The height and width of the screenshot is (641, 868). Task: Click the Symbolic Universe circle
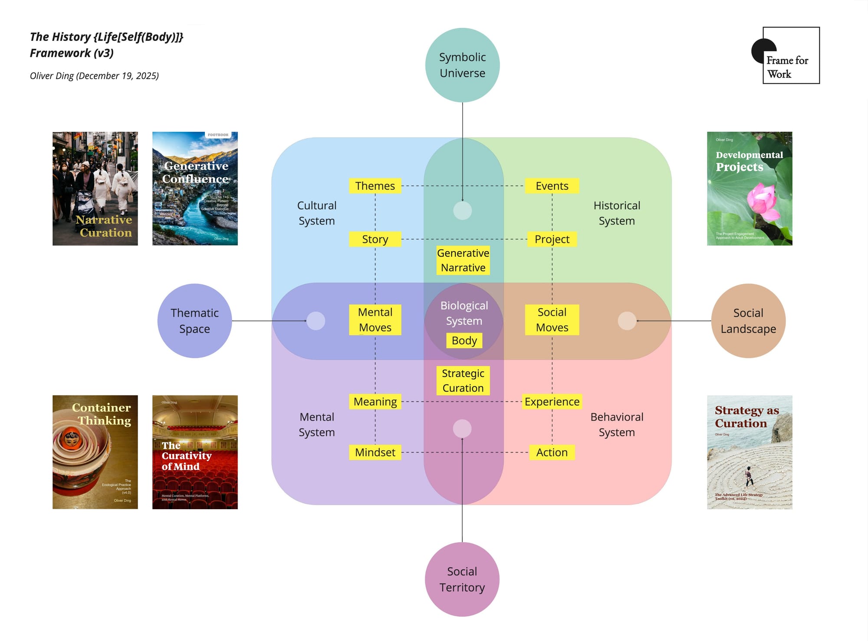pyautogui.click(x=462, y=65)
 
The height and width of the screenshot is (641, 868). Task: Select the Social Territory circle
pyautogui.click(x=462, y=579)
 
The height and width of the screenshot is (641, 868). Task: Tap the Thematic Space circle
pyautogui.click(x=194, y=321)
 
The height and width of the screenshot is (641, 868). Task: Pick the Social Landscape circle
pyautogui.click(x=748, y=321)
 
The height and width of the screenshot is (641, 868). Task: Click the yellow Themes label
pyautogui.click(x=375, y=186)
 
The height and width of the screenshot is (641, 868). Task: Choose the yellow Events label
pyautogui.click(x=552, y=186)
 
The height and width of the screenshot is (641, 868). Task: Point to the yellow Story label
pyautogui.click(x=375, y=239)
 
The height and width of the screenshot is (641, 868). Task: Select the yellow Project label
pyautogui.click(x=552, y=239)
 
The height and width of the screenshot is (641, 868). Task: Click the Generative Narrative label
pyautogui.click(x=463, y=260)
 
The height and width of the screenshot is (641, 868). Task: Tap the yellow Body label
pyautogui.click(x=464, y=340)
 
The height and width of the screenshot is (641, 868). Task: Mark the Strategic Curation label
pyautogui.click(x=463, y=380)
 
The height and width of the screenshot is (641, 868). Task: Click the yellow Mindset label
pyautogui.click(x=375, y=452)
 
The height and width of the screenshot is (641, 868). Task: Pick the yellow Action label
pyautogui.click(x=552, y=452)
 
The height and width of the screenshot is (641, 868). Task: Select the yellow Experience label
pyautogui.click(x=552, y=402)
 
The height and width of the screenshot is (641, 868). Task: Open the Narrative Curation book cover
pyautogui.click(x=95, y=189)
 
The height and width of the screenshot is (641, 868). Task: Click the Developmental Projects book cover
pyautogui.click(x=750, y=189)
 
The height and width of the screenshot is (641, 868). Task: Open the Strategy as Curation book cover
pyautogui.click(x=750, y=452)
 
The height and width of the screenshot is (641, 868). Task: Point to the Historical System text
pyautogui.click(x=617, y=213)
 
